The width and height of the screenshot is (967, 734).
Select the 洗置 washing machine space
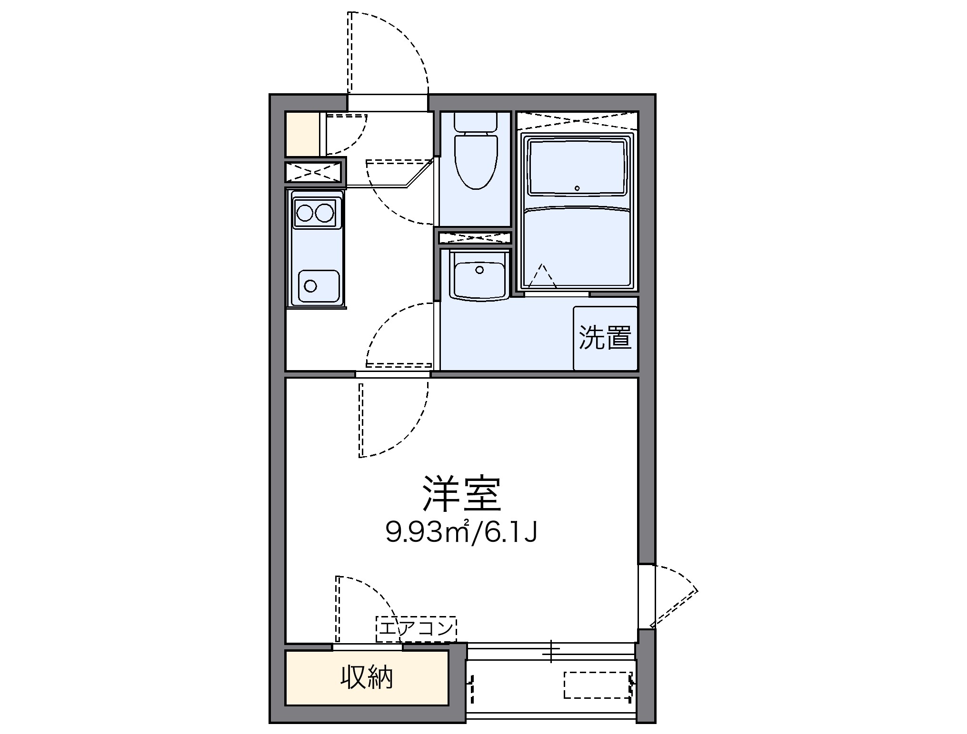(605, 338)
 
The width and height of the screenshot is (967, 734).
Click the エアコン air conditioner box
(416, 629)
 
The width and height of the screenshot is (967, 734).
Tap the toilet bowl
(476, 162)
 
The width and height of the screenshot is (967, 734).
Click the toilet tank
(476, 121)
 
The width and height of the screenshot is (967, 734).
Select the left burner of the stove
(304, 213)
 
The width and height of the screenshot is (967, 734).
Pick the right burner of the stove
(325, 213)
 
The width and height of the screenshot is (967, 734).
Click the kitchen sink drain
(310, 286)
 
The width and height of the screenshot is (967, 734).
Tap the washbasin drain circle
(479, 270)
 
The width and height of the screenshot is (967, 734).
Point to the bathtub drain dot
(577, 188)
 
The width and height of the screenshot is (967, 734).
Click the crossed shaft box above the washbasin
(474, 237)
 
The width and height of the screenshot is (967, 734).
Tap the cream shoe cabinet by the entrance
(302, 134)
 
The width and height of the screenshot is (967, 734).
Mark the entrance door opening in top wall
(387, 102)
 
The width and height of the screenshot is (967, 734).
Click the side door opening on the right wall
(647, 597)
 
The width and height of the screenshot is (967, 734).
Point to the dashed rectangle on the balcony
(598, 685)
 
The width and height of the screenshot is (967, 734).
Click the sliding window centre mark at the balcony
(551, 651)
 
